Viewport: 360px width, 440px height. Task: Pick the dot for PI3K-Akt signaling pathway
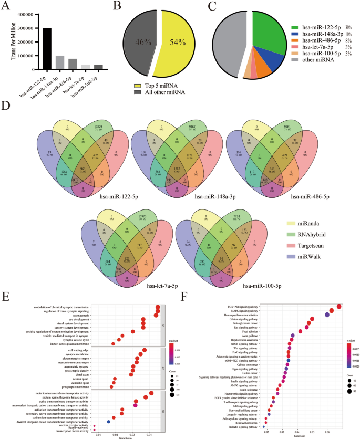(x=339, y=307)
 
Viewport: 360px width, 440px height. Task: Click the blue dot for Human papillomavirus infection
(x=327, y=315)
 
